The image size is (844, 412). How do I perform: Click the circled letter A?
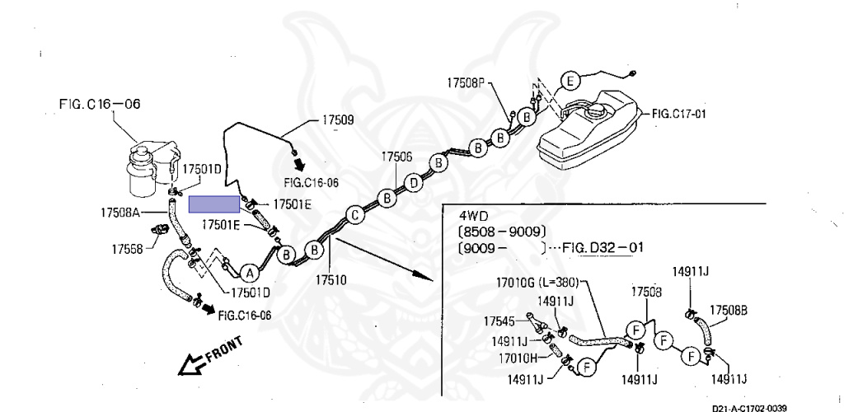tap(249, 274)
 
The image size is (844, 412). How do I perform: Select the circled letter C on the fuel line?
tap(354, 215)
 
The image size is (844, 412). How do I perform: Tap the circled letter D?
tap(414, 183)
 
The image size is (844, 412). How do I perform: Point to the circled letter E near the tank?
tap(570, 82)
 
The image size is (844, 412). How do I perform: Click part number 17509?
tap(338, 120)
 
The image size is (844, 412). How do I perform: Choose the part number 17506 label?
tap(397, 157)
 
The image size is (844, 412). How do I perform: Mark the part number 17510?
tap(331, 279)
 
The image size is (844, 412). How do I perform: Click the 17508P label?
tap(466, 83)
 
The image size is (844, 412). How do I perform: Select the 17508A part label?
tap(120, 213)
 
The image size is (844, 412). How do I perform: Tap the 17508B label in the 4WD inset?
tap(728, 311)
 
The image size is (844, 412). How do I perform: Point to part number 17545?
tap(500, 321)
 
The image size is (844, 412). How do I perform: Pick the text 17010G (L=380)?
tap(540, 282)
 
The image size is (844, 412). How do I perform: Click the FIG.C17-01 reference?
tap(679, 114)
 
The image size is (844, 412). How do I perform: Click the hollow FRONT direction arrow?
tap(193, 365)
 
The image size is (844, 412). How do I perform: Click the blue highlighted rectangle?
tap(214, 204)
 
